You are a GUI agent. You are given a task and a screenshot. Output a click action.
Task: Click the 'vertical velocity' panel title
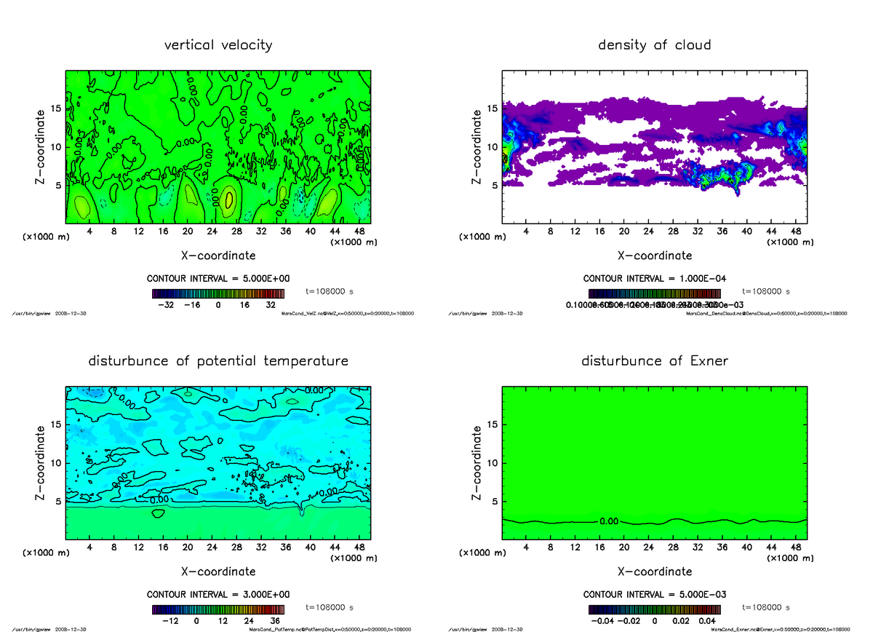[x=218, y=45]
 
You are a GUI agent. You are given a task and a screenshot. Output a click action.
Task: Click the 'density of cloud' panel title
[x=654, y=45]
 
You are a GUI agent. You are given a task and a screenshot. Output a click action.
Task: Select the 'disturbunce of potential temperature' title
[x=218, y=361]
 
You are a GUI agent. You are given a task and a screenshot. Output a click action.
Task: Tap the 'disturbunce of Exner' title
[x=654, y=361]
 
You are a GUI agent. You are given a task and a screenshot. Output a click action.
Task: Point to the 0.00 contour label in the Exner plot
[x=610, y=521]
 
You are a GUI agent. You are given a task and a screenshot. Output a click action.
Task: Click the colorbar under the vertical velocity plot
[x=218, y=293]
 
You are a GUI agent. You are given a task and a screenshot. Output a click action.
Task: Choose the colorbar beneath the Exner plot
[x=654, y=609]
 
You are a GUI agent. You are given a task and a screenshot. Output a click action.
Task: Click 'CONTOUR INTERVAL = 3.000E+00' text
[x=218, y=594]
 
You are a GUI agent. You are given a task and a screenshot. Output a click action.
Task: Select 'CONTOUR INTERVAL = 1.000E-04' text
[x=654, y=278]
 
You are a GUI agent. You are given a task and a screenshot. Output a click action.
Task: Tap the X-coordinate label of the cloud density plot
[x=654, y=256]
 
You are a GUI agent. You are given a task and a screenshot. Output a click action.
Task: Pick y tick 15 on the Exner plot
[x=492, y=424]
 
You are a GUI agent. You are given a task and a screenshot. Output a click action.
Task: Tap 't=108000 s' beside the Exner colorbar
[x=766, y=607]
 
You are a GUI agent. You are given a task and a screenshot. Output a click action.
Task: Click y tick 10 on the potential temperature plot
[x=56, y=462]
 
